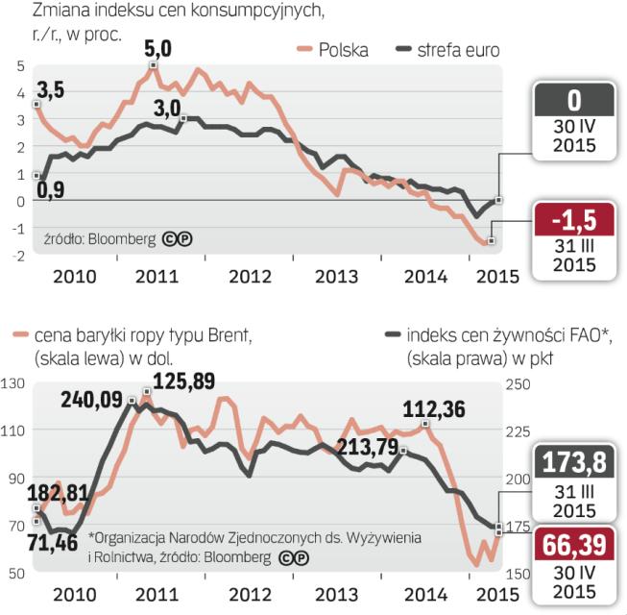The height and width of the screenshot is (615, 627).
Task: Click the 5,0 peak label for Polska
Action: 159,46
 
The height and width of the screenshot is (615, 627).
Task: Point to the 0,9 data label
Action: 51,190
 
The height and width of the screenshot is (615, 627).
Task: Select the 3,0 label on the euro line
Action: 167,108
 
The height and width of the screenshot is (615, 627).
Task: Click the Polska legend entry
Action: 343,50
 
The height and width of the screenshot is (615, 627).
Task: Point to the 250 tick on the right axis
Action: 517,385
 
